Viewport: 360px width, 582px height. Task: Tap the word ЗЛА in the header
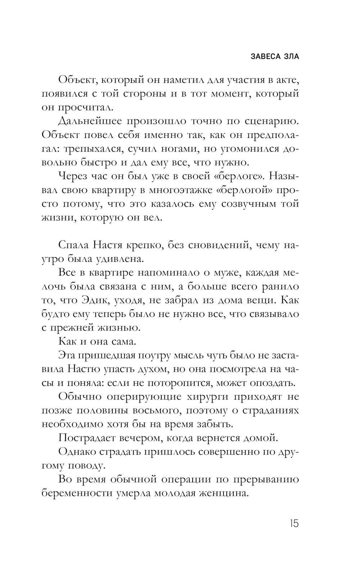(291, 57)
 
